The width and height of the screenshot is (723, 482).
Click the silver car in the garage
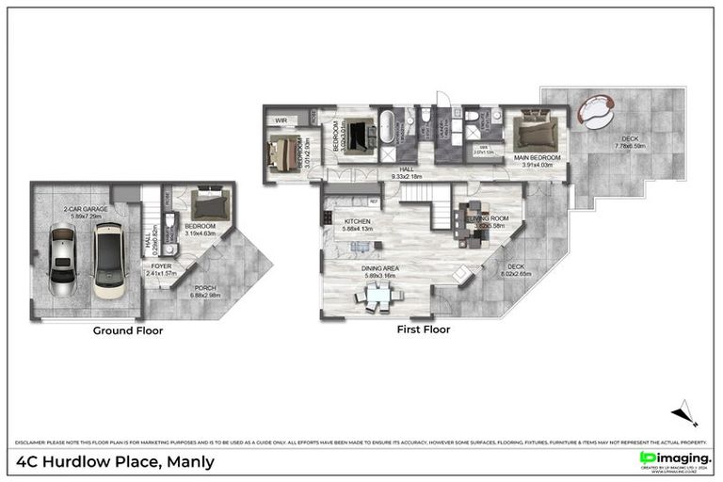(x=61, y=263)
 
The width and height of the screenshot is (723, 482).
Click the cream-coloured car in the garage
(x=109, y=261)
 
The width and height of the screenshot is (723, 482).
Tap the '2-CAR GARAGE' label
(x=84, y=211)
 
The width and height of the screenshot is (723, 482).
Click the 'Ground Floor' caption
(x=127, y=330)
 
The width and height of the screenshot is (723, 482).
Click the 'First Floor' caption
(x=423, y=329)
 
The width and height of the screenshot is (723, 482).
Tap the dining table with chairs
(x=379, y=297)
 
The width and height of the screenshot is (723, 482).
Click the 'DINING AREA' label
(x=382, y=268)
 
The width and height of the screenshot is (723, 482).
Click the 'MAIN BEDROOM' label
(x=538, y=157)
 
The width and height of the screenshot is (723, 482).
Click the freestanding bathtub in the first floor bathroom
(x=386, y=126)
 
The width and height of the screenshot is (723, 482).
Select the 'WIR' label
(x=281, y=121)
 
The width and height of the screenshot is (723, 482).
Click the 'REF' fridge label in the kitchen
(x=373, y=201)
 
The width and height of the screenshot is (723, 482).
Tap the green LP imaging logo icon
(x=647, y=458)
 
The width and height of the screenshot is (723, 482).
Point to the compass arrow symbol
(x=684, y=415)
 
